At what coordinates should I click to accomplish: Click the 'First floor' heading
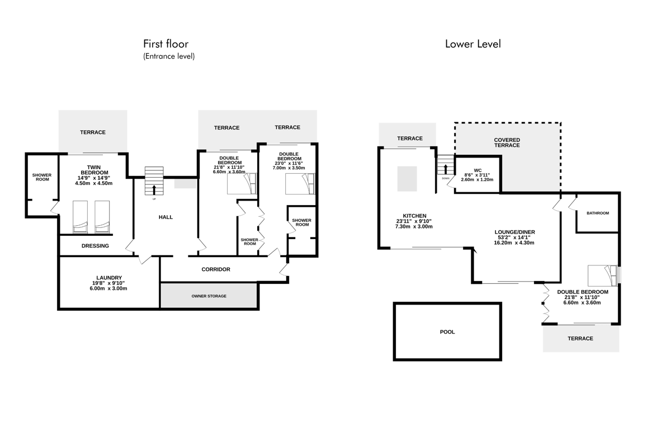coord(166,44)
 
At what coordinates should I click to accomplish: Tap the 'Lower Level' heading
coord(472,44)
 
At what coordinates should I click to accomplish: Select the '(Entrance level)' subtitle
coord(169,56)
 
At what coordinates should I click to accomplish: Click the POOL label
coord(447,332)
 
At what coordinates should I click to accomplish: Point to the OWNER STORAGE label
coord(209,296)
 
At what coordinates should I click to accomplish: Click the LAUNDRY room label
coord(109,278)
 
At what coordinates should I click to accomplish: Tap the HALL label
coord(166,217)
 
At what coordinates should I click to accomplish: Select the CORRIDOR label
coord(216,269)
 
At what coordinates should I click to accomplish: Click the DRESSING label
coord(95,246)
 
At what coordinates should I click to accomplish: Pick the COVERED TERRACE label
coord(507,142)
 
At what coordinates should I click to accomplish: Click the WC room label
coord(478,170)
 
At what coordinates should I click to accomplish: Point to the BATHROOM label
coord(598,213)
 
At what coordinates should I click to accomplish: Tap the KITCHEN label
coord(414,216)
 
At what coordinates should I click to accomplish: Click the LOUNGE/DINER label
coord(514,232)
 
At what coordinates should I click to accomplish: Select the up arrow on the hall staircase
coord(154,190)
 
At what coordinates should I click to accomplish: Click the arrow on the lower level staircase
coord(446,169)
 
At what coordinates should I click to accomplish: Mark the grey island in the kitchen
coord(407,179)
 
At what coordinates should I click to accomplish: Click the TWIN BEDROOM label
coord(94,170)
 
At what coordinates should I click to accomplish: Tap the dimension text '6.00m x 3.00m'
coord(108,289)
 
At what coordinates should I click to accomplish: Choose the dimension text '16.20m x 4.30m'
coord(514,243)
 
